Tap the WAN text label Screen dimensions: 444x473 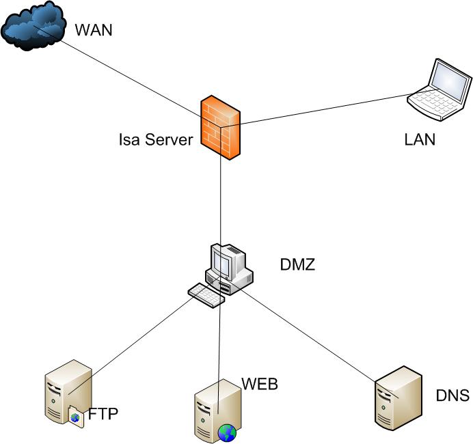(x=92, y=30)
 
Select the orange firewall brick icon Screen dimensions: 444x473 (x=221, y=128)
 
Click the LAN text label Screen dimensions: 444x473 (x=420, y=140)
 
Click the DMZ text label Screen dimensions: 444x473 (x=297, y=264)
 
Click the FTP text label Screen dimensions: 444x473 (x=103, y=414)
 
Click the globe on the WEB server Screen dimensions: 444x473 (x=227, y=432)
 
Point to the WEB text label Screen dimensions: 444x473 (x=259, y=384)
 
